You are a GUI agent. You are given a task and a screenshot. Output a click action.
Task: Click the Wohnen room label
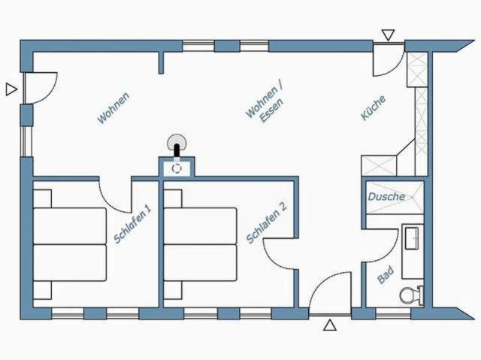[x=113, y=108]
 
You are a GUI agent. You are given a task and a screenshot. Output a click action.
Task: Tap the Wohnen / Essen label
[x=265, y=103]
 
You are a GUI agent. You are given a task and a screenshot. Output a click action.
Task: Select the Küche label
[x=373, y=108]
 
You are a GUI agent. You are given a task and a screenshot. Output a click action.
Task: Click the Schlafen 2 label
[x=267, y=222]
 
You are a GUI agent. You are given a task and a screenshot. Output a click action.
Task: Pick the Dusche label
[x=386, y=197]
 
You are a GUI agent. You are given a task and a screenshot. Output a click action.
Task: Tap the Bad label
[x=386, y=275]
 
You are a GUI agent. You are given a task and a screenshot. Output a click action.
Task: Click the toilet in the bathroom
[x=412, y=295]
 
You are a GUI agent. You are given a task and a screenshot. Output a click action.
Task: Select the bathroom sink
[x=412, y=238]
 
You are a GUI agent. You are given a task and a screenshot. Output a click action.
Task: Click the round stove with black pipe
[x=177, y=145]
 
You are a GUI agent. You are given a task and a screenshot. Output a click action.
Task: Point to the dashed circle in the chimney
[x=177, y=168]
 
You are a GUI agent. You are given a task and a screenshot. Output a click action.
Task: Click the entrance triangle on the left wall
[x=12, y=89]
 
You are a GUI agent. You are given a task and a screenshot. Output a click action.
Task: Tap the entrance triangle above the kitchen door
[x=388, y=35]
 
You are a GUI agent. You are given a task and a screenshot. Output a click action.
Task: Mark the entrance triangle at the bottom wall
[x=330, y=325]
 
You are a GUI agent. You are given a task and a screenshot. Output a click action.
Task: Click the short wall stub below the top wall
[x=161, y=63]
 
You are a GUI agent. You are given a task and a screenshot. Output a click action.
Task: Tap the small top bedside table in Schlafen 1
[x=42, y=198]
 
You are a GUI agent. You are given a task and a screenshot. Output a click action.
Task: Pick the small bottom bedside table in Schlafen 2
[x=173, y=290]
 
